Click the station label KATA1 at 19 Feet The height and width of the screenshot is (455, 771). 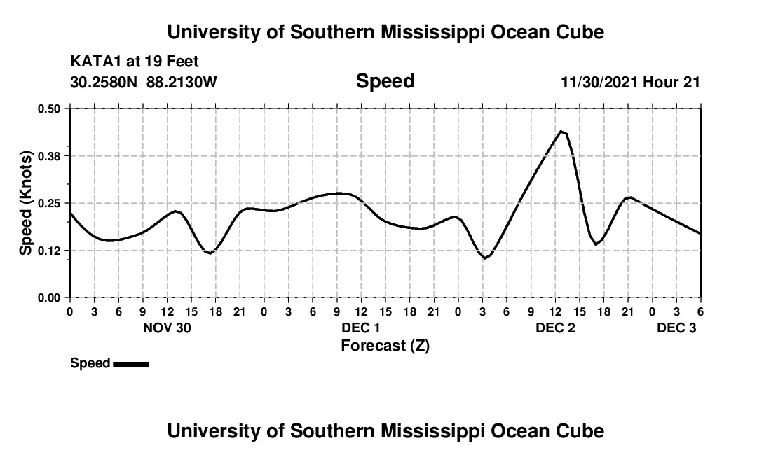pyautogui.click(x=135, y=62)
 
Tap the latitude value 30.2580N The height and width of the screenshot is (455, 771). pyautogui.click(x=105, y=82)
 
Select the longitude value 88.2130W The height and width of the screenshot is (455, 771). pyautogui.click(x=182, y=82)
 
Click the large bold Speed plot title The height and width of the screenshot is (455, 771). pyautogui.click(x=385, y=81)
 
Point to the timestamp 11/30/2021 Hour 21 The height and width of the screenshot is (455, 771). pyautogui.click(x=631, y=82)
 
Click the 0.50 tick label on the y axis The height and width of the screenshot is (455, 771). pyautogui.click(x=50, y=108)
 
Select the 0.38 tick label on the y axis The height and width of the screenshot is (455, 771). pyautogui.click(x=50, y=155)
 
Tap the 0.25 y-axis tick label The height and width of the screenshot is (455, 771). pyautogui.click(x=50, y=203)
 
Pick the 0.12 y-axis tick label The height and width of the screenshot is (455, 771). pyautogui.click(x=50, y=250)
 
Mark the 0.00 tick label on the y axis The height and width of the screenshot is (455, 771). pyautogui.click(x=50, y=297)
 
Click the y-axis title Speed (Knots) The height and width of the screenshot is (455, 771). pyautogui.click(x=26, y=203)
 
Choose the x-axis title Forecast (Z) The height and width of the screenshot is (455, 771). pyautogui.click(x=385, y=345)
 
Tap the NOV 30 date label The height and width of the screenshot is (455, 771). pyautogui.click(x=167, y=328)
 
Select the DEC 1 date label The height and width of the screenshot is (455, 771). pyautogui.click(x=361, y=328)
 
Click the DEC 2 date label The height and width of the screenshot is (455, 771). pyautogui.click(x=555, y=328)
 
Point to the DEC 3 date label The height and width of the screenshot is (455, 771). pyautogui.click(x=676, y=328)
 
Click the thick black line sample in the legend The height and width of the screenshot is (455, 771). pyautogui.click(x=130, y=364)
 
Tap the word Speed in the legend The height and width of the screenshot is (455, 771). pyautogui.click(x=90, y=363)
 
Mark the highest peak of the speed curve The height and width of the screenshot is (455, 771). pyautogui.click(x=561, y=131)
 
